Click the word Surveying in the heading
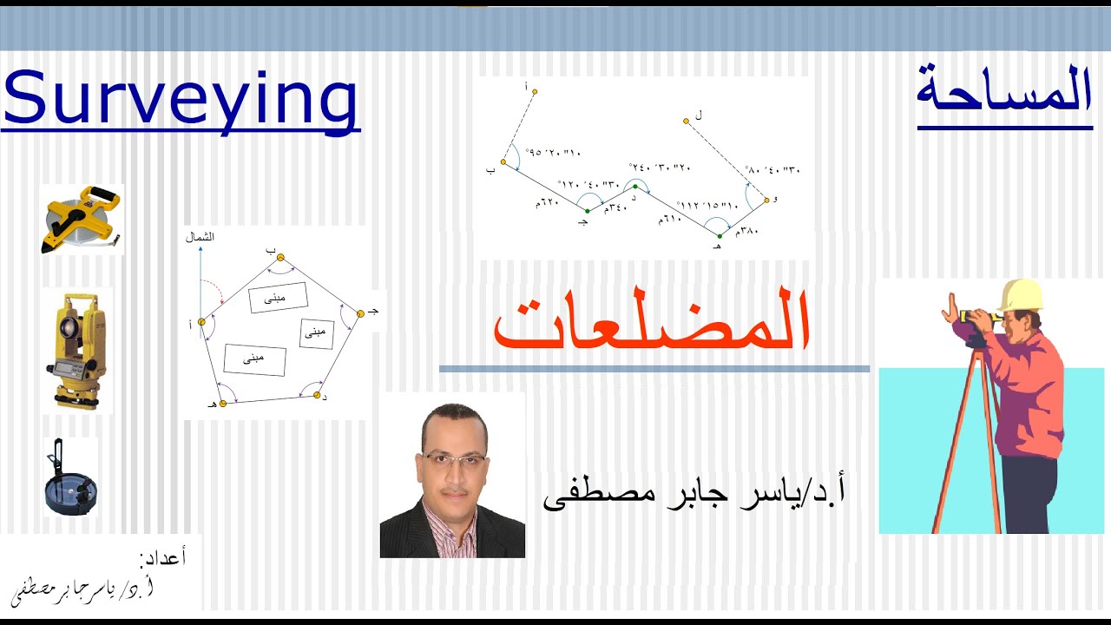(181, 99)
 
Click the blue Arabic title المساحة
(1004, 91)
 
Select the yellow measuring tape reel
(82, 220)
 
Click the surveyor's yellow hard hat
(1019, 295)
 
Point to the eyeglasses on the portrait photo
(452, 459)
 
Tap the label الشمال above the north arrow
(201, 236)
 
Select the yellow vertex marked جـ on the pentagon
(360, 313)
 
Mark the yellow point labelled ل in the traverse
(686, 122)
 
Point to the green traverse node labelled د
(635, 187)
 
